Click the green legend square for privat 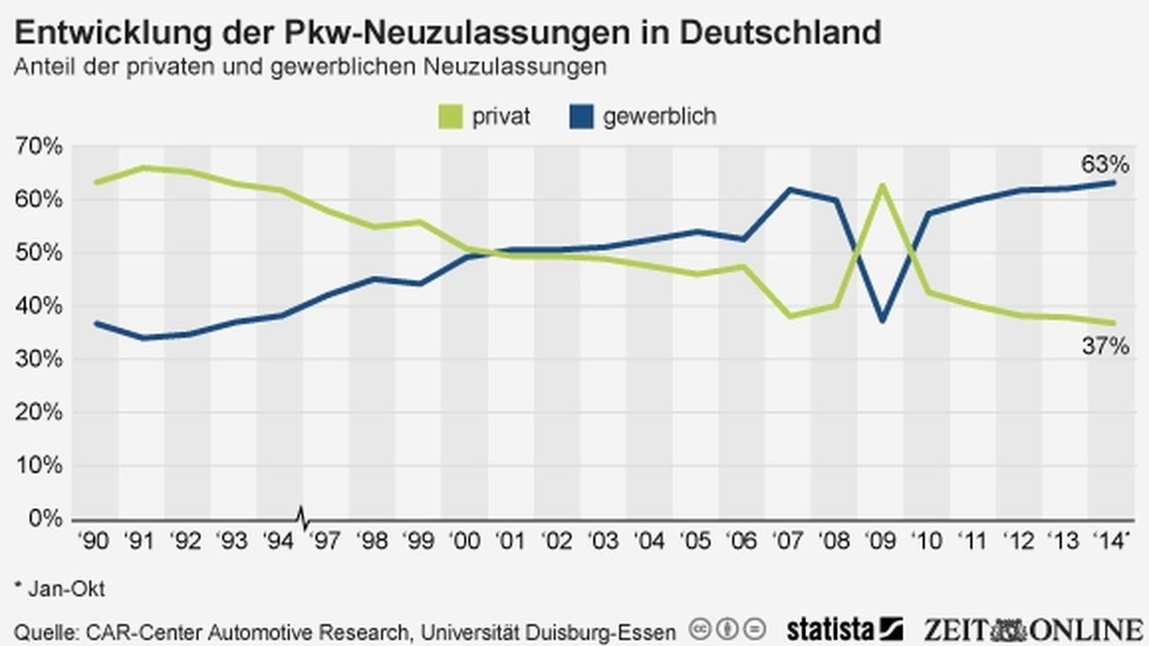click(451, 117)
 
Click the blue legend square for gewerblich click(581, 117)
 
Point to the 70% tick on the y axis click(37, 147)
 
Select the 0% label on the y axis click(42, 519)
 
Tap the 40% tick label click(37, 307)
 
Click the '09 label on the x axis click(880, 541)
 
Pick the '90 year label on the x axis click(95, 541)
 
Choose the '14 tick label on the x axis click(1112, 541)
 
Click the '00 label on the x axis click(464, 541)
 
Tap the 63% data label click(1105, 164)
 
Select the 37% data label click(1105, 346)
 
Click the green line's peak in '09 click(881, 185)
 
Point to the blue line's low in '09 click(881, 321)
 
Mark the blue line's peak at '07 click(789, 189)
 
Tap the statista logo click(843, 629)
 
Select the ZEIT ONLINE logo click(1032, 629)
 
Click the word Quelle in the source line click(42, 632)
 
